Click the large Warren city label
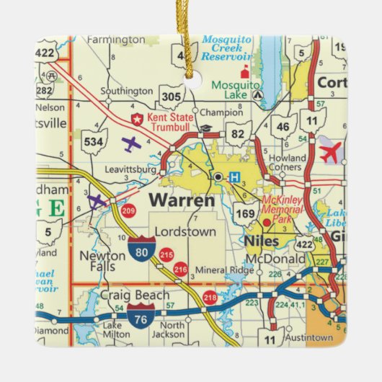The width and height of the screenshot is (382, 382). coord(182,200)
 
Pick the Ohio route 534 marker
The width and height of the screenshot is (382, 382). coord(94,141)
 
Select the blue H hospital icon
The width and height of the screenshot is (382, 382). coord(234,177)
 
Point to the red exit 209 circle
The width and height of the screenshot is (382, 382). coord(129,211)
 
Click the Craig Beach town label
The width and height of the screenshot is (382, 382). coord(136,296)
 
